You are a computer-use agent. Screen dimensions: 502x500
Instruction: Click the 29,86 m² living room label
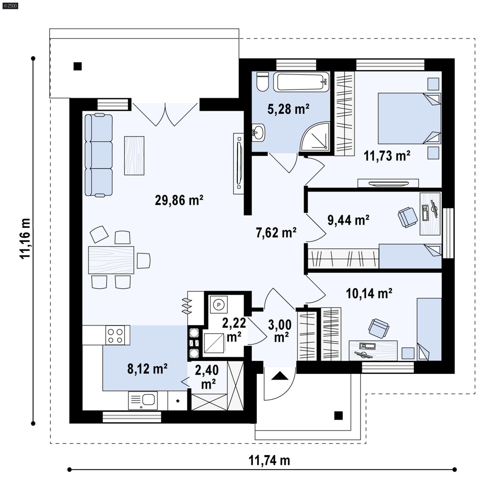point(179,200)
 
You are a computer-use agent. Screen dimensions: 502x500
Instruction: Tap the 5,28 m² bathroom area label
point(288,109)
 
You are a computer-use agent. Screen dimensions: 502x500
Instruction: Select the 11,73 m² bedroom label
point(387,156)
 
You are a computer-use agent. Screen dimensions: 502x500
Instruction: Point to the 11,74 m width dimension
point(269,460)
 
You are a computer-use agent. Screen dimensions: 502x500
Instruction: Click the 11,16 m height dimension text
point(25,238)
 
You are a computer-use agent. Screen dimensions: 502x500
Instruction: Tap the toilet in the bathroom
point(262,82)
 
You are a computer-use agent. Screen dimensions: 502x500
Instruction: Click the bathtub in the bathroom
point(301,82)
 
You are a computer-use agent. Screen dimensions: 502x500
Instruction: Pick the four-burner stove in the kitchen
point(115,335)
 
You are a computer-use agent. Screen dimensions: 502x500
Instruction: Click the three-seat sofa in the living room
point(98,155)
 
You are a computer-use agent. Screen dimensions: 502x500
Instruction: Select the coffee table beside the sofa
point(134,156)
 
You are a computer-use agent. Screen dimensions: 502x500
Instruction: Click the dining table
point(111,260)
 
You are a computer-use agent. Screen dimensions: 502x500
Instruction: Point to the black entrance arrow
point(279,376)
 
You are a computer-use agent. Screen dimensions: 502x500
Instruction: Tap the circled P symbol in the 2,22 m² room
point(219,305)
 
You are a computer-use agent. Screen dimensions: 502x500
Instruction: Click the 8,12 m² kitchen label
point(147,369)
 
